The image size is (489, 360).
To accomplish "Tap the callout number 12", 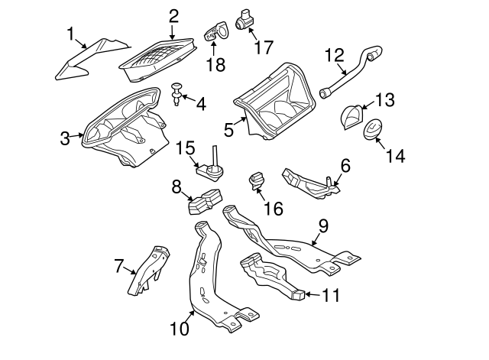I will click(335, 55).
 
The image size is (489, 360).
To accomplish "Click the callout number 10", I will click(179, 329).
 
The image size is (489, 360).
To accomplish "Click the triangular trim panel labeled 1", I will click(84, 61).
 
